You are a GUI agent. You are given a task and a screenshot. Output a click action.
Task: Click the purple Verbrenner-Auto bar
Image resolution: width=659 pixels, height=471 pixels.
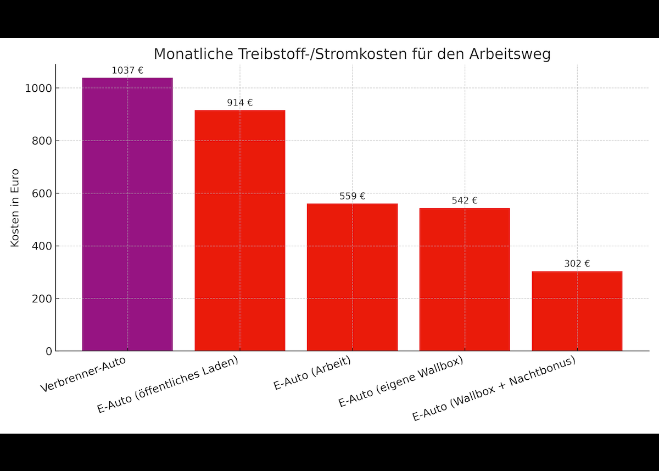(x=127, y=214)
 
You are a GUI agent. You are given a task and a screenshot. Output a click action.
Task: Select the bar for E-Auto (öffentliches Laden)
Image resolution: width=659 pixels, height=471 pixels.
(x=240, y=231)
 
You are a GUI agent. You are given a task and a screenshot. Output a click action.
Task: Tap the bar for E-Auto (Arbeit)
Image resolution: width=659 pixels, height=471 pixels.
(x=352, y=278)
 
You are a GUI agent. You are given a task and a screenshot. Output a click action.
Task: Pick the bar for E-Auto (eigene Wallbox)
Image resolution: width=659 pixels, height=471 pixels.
(x=465, y=280)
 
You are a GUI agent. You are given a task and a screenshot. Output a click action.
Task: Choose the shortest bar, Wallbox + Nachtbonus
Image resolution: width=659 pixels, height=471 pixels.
(x=577, y=311)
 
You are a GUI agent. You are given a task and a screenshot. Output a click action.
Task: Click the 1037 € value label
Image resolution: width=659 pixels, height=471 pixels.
(x=127, y=70)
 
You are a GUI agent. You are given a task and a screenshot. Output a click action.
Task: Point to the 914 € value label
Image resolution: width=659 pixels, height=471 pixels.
(x=240, y=103)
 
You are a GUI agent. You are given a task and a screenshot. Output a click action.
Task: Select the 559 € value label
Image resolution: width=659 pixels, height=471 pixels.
(x=352, y=196)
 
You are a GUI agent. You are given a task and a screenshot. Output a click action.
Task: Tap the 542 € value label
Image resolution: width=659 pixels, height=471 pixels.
(x=465, y=201)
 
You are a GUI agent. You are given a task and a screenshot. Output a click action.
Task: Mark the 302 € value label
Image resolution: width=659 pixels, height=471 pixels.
(x=577, y=264)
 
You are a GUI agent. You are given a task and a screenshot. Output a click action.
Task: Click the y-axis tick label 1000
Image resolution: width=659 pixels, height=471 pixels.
(x=38, y=88)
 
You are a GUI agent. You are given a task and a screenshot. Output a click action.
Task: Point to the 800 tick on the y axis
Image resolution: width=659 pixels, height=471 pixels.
(x=42, y=141)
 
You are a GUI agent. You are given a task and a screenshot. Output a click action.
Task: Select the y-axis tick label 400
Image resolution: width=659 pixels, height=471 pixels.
(x=42, y=246)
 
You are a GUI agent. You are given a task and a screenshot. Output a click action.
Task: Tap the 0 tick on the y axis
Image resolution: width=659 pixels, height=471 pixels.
(x=49, y=351)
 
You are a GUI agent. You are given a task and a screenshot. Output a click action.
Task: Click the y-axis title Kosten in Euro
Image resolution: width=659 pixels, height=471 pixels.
(x=15, y=208)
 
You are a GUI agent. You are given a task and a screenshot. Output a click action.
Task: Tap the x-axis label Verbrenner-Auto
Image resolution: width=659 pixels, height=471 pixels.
(x=83, y=374)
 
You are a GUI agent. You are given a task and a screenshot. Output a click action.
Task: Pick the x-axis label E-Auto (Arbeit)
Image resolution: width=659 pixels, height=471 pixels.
(x=312, y=373)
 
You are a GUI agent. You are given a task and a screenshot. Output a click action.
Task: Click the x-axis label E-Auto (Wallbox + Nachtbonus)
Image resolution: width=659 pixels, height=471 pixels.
(x=494, y=389)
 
